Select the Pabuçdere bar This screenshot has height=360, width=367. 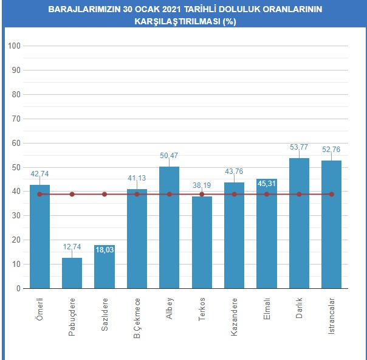coord(72,274)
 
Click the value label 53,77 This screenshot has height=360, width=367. coord(299,147)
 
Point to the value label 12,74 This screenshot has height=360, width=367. coord(72,247)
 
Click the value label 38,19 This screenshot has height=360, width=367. coord(202,185)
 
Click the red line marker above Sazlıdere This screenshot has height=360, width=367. coord(105,194)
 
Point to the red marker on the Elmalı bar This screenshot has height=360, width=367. coord(267,194)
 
